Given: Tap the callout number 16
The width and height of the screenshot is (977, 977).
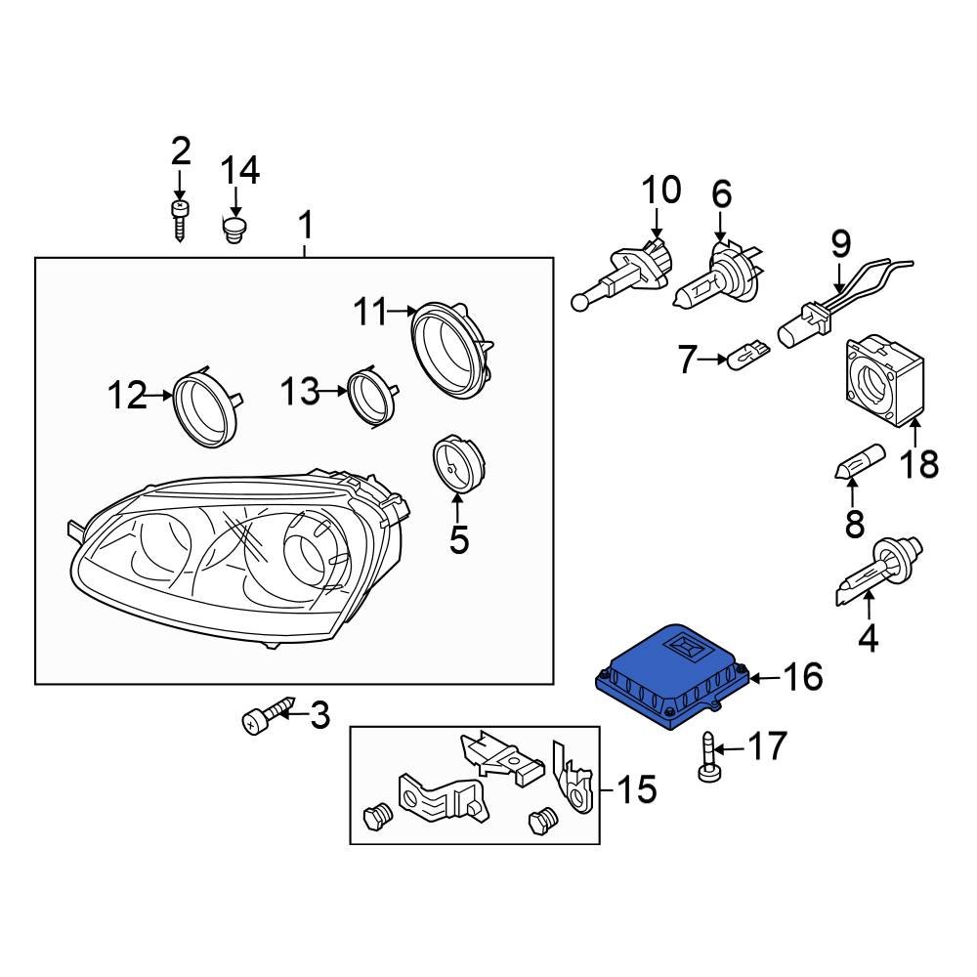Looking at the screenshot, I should tap(803, 676).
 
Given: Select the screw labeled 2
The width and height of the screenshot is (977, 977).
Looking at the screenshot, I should tap(180, 220).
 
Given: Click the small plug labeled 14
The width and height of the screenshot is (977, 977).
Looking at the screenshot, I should tap(234, 233).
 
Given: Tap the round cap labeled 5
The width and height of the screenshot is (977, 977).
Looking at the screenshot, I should tap(458, 463).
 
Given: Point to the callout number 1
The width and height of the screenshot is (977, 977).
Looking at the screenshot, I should tap(305, 227).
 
